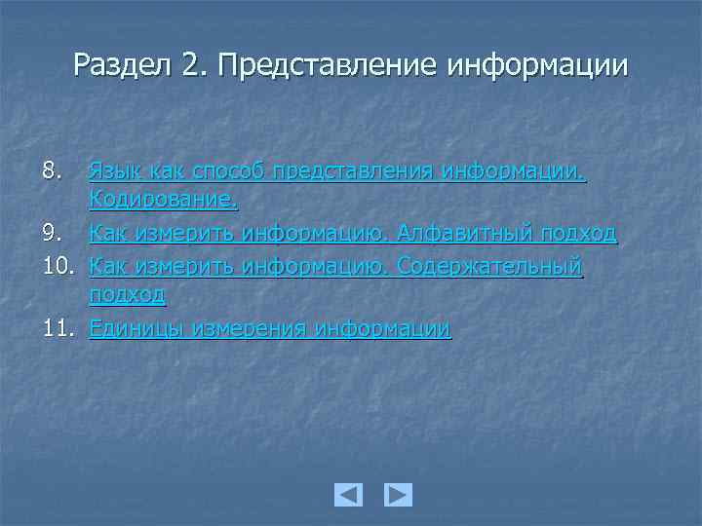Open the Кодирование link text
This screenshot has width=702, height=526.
[x=163, y=202]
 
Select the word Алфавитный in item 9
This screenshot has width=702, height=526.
[x=456, y=234]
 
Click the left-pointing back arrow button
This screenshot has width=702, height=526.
[x=348, y=495]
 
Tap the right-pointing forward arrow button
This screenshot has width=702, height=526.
[x=398, y=495]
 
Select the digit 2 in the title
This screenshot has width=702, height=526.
[x=190, y=65]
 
